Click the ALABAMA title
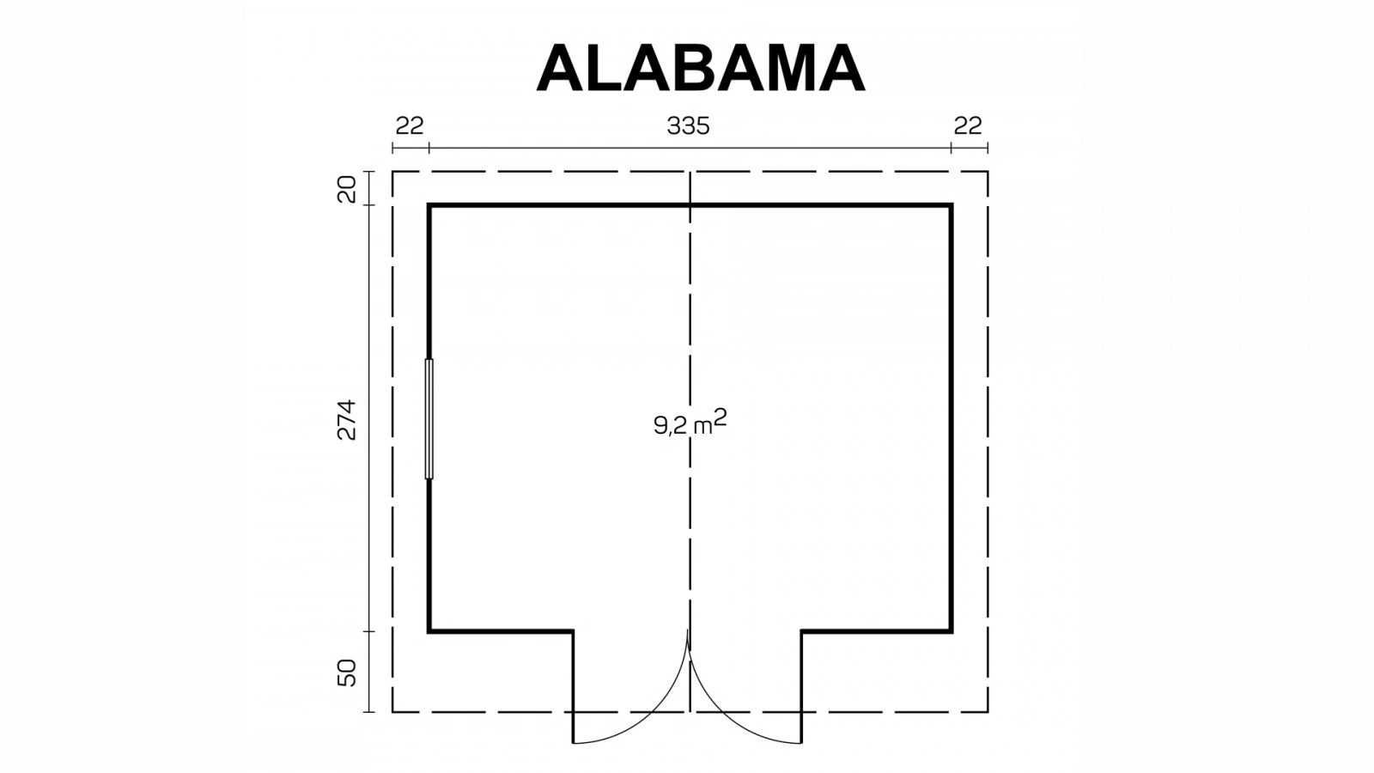pos(701,68)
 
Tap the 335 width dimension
pos(688,125)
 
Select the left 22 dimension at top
pos(410,125)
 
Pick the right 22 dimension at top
pos(968,125)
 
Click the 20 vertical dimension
pos(347,189)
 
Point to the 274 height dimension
pos(347,420)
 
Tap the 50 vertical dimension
pos(347,673)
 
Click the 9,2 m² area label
pos(690,423)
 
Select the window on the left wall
pos(429,418)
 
